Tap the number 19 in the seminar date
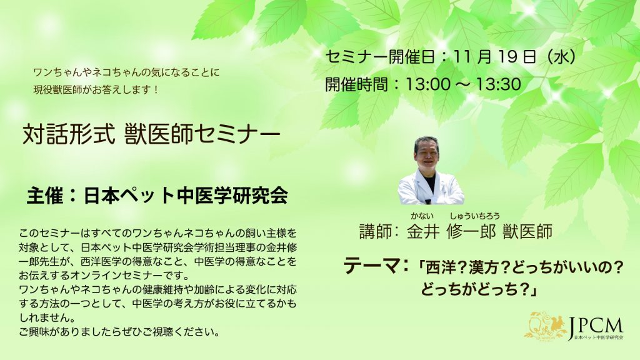(x=507, y=57)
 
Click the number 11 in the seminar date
(x=463, y=57)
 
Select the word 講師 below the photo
(x=376, y=231)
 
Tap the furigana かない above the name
(x=422, y=216)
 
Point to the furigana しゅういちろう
(x=475, y=216)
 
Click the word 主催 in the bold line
(x=45, y=196)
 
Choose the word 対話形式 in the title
(x=69, y=134)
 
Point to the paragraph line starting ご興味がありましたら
(x=119, y=331)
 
